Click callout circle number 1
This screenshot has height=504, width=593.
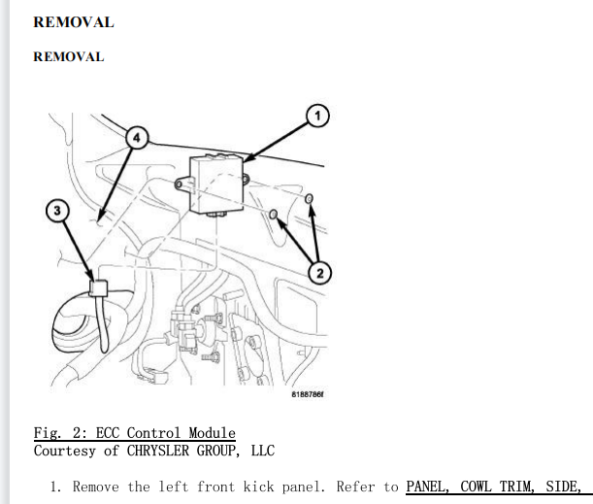317,116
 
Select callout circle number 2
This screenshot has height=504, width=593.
320,273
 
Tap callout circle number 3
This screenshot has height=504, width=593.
57,211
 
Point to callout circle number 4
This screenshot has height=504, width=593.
137,138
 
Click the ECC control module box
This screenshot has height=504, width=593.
216,185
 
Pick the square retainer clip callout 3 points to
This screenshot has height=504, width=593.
98,288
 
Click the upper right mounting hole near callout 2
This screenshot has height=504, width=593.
309,198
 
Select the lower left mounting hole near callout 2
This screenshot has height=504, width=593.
274,215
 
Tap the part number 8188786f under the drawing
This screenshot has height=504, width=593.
308,394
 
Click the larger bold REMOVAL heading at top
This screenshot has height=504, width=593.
74,22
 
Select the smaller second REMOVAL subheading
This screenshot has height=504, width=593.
69,56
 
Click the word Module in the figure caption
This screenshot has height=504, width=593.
213,433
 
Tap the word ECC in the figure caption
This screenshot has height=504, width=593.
107,433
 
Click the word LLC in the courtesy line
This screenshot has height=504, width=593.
263,451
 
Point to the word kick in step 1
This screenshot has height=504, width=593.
259,487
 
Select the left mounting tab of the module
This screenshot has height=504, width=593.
182,185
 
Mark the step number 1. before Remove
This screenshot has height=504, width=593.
55,487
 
